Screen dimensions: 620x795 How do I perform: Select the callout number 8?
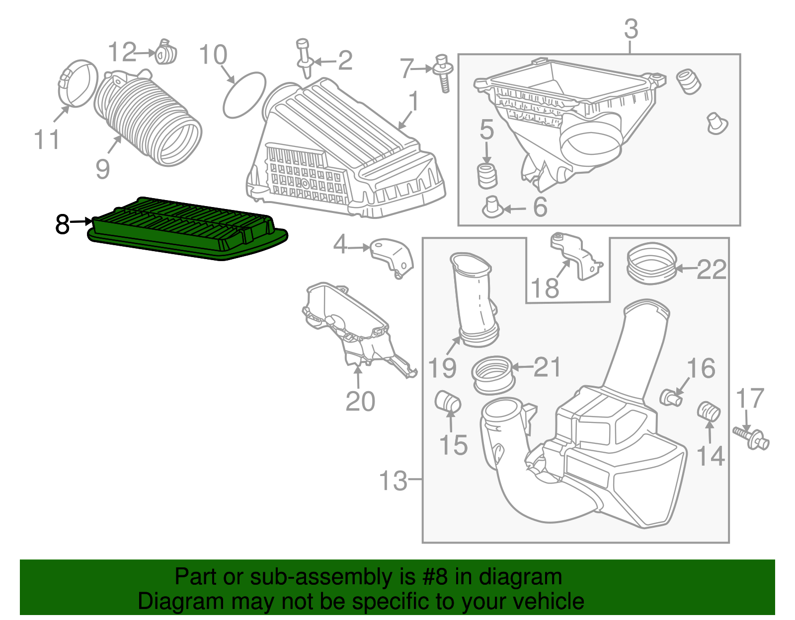pyautogui.click(x=63, y=224)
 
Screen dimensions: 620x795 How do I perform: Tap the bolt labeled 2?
pyautogui.click(x=304, y=60)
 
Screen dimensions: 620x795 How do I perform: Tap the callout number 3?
pyautogui.click(x=631, y=29)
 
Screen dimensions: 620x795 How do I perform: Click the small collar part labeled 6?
pyautogui.click(x=492, y=207)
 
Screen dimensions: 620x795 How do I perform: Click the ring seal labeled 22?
pyautogui.click(x=651, y=263)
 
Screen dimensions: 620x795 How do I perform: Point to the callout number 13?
pyautogui.click(x=393, y=481)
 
